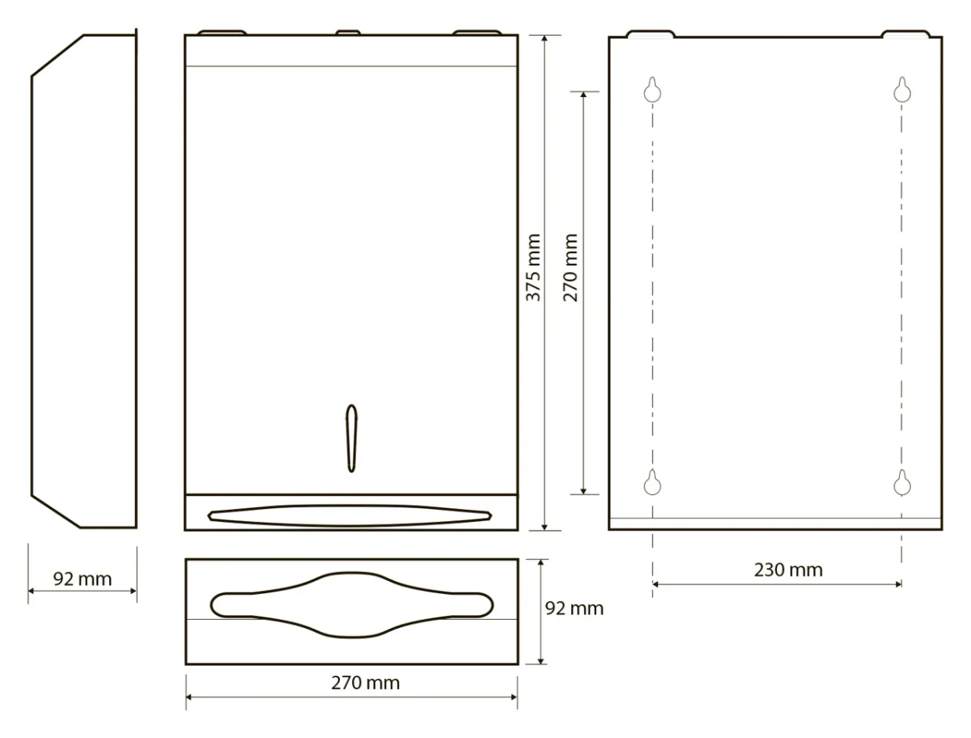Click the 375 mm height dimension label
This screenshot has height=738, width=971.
tap(533, 268)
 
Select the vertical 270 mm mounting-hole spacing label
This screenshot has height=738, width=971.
tap(570, 268)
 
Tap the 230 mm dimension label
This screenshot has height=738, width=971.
tap(788, 570)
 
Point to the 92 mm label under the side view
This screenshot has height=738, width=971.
tap(83, 579)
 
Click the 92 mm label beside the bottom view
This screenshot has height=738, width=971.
tap(575, 609)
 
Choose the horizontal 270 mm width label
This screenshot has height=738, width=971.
tap(366, 683)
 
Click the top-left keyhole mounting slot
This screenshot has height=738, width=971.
tap(652, 90)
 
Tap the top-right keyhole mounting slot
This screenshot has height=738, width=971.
tap(902, 90)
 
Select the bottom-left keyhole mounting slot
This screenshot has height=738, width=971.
tap(652, 482)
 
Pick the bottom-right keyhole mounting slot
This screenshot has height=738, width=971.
tap(902, 482)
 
